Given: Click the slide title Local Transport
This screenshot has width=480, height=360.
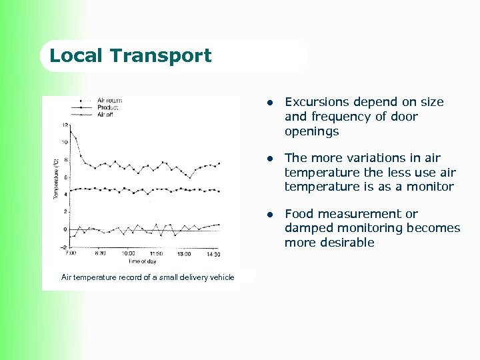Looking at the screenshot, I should click(x=131, y=55).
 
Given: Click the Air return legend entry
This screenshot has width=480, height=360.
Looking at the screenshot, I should click(x=110, y=101).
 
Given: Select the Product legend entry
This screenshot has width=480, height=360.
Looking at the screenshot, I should click(x=108, y=107).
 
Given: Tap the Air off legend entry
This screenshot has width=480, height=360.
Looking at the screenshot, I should click(x=105, y=114).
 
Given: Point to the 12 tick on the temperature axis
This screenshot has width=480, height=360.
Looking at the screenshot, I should click(x=64, y=125).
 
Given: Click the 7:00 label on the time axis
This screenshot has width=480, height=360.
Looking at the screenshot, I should click(x=71, y=253).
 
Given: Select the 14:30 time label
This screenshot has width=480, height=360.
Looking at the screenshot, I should click(x=213, y=253).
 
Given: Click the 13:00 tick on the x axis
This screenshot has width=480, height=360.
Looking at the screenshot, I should click(x=184, y=253).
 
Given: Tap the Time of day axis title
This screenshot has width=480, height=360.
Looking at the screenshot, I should click(x=143, y=261).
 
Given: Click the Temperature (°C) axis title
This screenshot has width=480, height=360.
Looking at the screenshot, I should click(x=56, y=177).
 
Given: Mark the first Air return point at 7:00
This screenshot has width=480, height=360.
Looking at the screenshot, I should click(x=71, y=131).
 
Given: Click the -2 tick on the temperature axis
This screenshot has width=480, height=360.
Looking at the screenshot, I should click(x=64, y=247).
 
